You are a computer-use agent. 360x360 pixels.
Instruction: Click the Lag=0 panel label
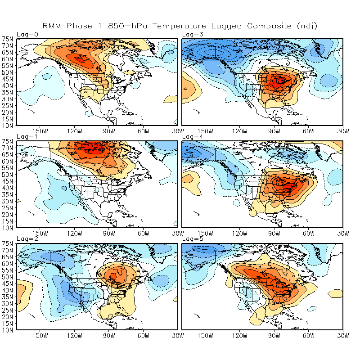(x=25, y=34)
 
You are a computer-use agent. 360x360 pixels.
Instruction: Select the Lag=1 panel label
(x=25, y=136)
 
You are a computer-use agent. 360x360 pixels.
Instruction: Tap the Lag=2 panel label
(x=25, y=239)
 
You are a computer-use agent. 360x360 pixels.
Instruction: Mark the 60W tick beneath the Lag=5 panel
(x=309, y=335)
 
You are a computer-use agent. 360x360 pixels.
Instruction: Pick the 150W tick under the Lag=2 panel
(x=40, y=335)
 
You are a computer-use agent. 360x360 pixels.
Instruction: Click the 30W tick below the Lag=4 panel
(x=343, y=233)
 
